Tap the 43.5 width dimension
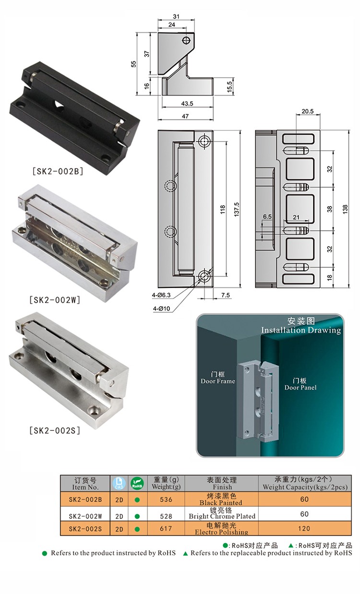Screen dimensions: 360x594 point(187,104)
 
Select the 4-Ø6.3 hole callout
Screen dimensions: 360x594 point(161,295)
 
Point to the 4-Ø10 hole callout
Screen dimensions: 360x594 point(161,309)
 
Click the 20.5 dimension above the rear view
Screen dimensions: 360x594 point(308,111)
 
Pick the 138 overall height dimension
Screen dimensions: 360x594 point(345,209)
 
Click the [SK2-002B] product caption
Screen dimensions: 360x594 point(58,171)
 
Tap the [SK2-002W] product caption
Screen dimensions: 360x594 point(55,300)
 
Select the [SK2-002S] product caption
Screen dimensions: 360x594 point(55,430)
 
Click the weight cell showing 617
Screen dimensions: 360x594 point(166,528)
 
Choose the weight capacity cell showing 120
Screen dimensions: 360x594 point(304,528)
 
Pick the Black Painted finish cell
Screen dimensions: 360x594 point(221,499)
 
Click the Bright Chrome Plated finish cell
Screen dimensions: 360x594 point(222,514)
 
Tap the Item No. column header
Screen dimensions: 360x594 point(85,484)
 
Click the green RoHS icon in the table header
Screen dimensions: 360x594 point(137,484)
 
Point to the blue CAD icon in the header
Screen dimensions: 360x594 point(119,484)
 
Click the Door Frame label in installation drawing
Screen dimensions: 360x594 point(218,378)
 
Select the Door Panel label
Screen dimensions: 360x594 point(300,384)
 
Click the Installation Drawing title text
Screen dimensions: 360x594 point(301,330)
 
